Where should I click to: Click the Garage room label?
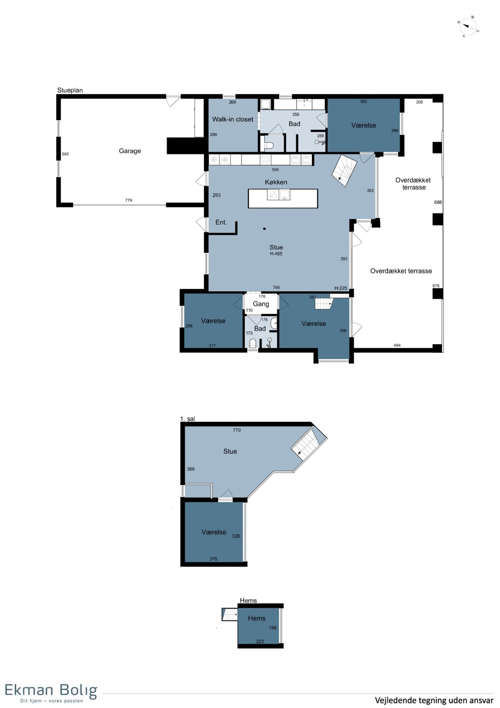[x=130, y=151]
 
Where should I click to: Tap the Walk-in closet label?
[x=232, y=119]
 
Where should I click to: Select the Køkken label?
[x=276, y=182]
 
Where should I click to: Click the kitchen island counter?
[x=283, y=199]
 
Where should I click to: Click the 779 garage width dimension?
[x=128, y=200]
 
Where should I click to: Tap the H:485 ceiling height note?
[x=276, y=254]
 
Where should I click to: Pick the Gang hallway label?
[x=261, y=304]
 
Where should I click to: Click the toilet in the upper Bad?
[x=269, y=145]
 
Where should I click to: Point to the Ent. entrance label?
[x=221, y=222]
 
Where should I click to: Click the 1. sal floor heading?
[x=187, y=419]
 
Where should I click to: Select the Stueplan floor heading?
[x=70, y=91]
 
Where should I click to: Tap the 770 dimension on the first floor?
[x=237, y=430]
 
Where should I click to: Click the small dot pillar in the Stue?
[x=265, y=229]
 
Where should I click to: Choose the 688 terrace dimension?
[x=438, y=202]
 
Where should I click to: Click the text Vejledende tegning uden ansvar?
[x=434, y=700]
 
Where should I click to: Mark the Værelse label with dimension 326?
[x=214, y=532]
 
